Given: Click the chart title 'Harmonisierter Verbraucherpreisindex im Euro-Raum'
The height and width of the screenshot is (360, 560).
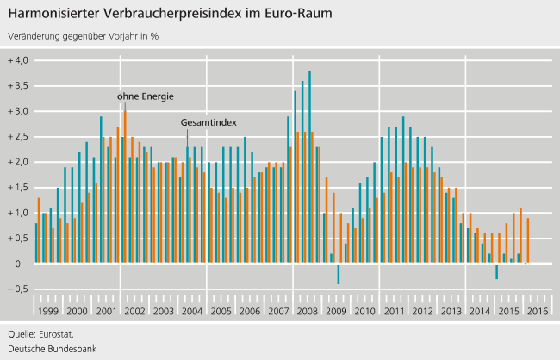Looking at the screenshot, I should [x=169, y=15].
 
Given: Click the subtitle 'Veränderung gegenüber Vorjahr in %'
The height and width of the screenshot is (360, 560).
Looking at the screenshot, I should [x=83, y=37].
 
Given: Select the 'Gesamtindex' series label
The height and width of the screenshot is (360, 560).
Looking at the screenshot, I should [x=208, y=123].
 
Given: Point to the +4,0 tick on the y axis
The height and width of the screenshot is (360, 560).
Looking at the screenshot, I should [x=17, y=60].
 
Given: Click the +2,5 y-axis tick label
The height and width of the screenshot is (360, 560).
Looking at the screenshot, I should [x=17, y=136].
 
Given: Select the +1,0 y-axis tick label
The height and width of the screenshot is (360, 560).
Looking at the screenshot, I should [x=17, y=213].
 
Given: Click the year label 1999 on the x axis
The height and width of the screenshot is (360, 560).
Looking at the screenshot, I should [x=49, y=311].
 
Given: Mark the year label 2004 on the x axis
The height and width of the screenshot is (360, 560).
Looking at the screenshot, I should [x=191, y=311].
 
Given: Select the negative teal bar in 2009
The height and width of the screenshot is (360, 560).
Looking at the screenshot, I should [x=339, y=273].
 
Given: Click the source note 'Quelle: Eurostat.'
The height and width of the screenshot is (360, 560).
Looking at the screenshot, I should [x=40, y=333].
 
